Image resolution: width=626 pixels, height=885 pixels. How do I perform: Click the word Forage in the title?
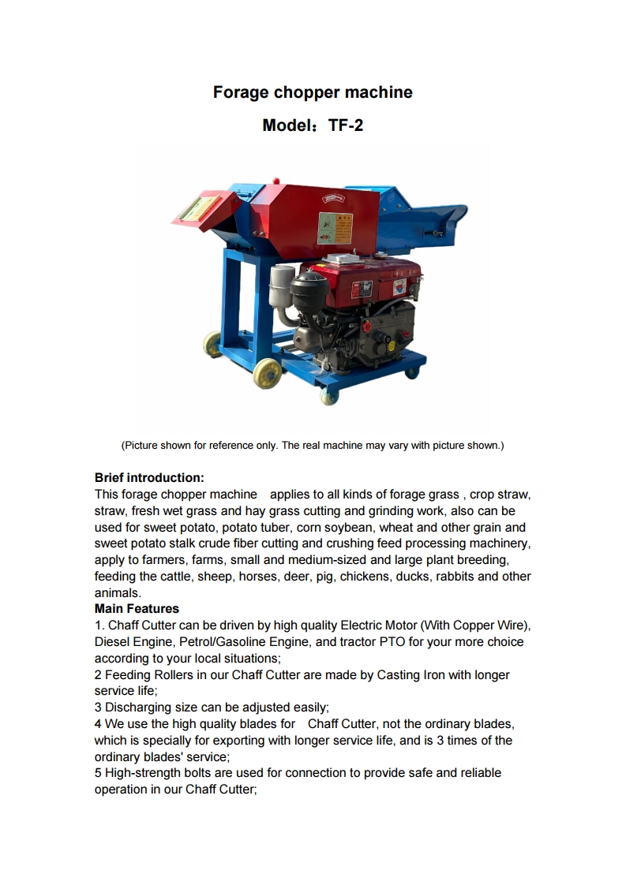point(240,92)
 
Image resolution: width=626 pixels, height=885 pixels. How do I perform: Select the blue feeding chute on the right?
point(426,217)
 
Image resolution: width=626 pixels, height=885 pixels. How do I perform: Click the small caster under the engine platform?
point(329,395)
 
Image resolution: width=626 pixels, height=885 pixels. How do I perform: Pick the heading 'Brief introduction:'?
point(149,478)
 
